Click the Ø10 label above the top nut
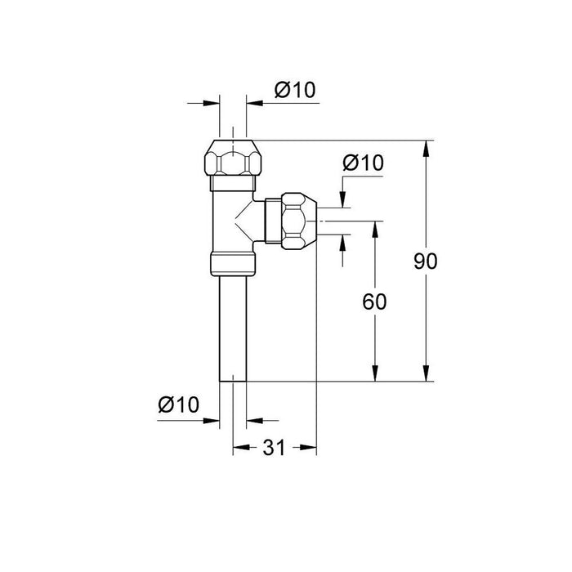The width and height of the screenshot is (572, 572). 296,91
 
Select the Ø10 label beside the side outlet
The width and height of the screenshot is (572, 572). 363,163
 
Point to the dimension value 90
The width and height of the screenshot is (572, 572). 425,261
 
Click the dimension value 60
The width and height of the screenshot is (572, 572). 374,301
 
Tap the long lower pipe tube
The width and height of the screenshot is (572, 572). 234,327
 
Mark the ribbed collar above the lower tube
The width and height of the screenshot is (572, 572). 233,262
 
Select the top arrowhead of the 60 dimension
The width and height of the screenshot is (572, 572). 374,226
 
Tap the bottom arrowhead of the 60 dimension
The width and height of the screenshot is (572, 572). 374,375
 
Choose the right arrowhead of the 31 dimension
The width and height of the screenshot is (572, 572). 311,447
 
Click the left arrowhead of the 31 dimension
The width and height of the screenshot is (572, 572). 239,447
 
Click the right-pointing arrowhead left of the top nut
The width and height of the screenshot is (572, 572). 215,103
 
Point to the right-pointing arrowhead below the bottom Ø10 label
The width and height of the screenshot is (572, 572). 215,421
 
